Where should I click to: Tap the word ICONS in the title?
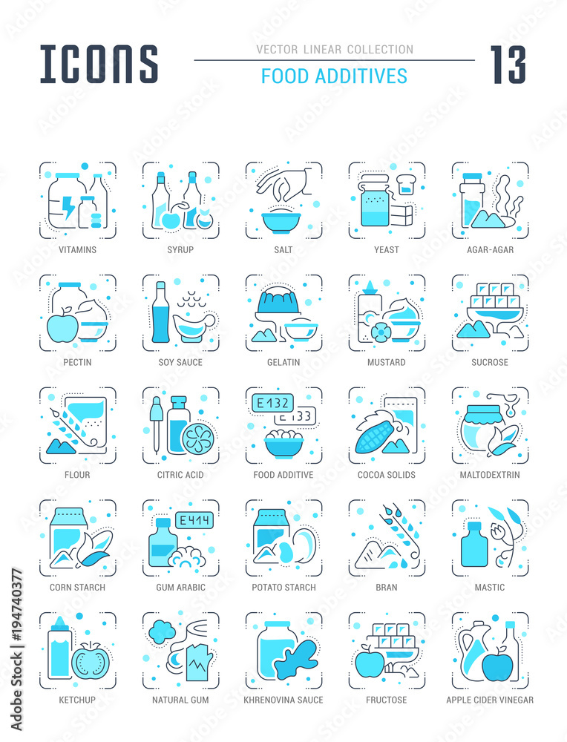(99, 64)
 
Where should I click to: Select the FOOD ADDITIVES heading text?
(334, 76)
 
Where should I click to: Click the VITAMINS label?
(77, 249)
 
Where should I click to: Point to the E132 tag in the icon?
(272, 403)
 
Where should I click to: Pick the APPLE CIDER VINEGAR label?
(490, 700)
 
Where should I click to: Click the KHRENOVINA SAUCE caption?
(283, 700)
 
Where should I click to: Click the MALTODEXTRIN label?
(490, 475)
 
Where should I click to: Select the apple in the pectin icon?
(62, 327)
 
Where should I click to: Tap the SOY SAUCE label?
(180, 362)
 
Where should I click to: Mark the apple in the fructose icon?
(370, 662)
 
